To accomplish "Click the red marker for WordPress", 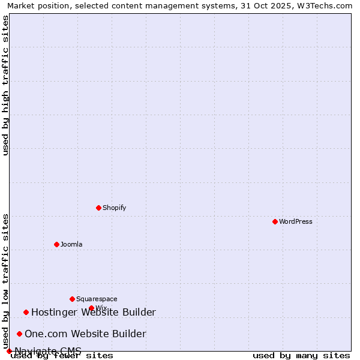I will click(275, 221).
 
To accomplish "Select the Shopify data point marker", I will click(98, 208).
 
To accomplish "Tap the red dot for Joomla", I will click(56, 244).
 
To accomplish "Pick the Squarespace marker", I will click(72, 299).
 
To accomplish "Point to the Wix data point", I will click(91, 308).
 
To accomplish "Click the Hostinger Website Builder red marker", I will click(26, 312).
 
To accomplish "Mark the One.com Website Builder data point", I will click(19, 334).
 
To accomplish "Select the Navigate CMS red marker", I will click(9, 351).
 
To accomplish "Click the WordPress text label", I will click(296, 221).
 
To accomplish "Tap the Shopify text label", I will click(114, 208).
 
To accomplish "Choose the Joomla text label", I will click(71, 244).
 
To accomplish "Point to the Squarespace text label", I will click(97, 299).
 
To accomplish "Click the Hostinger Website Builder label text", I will click(94, 312).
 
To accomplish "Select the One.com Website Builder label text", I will click(85, 334).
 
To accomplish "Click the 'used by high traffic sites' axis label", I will click(5, 85).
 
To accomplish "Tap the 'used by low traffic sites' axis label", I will click(5, 281).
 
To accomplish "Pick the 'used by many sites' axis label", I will click(301, 356).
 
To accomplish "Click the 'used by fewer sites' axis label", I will click(62, 356).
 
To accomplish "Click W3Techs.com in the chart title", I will click(328, 5).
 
